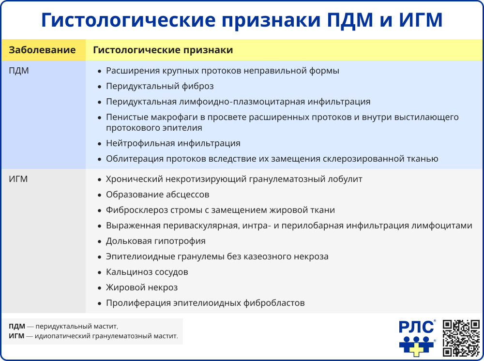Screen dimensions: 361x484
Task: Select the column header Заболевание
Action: tap(43, 50)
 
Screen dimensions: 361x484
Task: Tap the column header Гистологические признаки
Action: tap(163, 50)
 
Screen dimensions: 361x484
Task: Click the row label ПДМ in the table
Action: tap(19, 71)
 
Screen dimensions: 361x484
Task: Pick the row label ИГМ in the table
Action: tap(18, 179)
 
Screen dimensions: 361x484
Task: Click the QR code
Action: tap(461, 338)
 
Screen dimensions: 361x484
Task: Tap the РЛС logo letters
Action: tap(417, 328)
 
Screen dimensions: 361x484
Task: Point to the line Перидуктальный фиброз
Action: tap(160, 86)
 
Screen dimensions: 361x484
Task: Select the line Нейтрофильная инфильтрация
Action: tap(173, 143)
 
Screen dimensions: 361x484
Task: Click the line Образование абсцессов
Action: tap(157, 195)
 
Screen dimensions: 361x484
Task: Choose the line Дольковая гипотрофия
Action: tap(155, 241)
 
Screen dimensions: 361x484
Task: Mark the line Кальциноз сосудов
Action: tap(147, 272)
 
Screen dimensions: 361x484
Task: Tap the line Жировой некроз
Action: tap(142, 287)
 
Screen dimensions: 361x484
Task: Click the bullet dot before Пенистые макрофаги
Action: tap(99, 118)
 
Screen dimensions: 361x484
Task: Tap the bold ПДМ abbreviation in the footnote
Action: tap(17, 326)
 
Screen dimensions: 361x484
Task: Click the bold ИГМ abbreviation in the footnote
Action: tap(17, 335)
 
